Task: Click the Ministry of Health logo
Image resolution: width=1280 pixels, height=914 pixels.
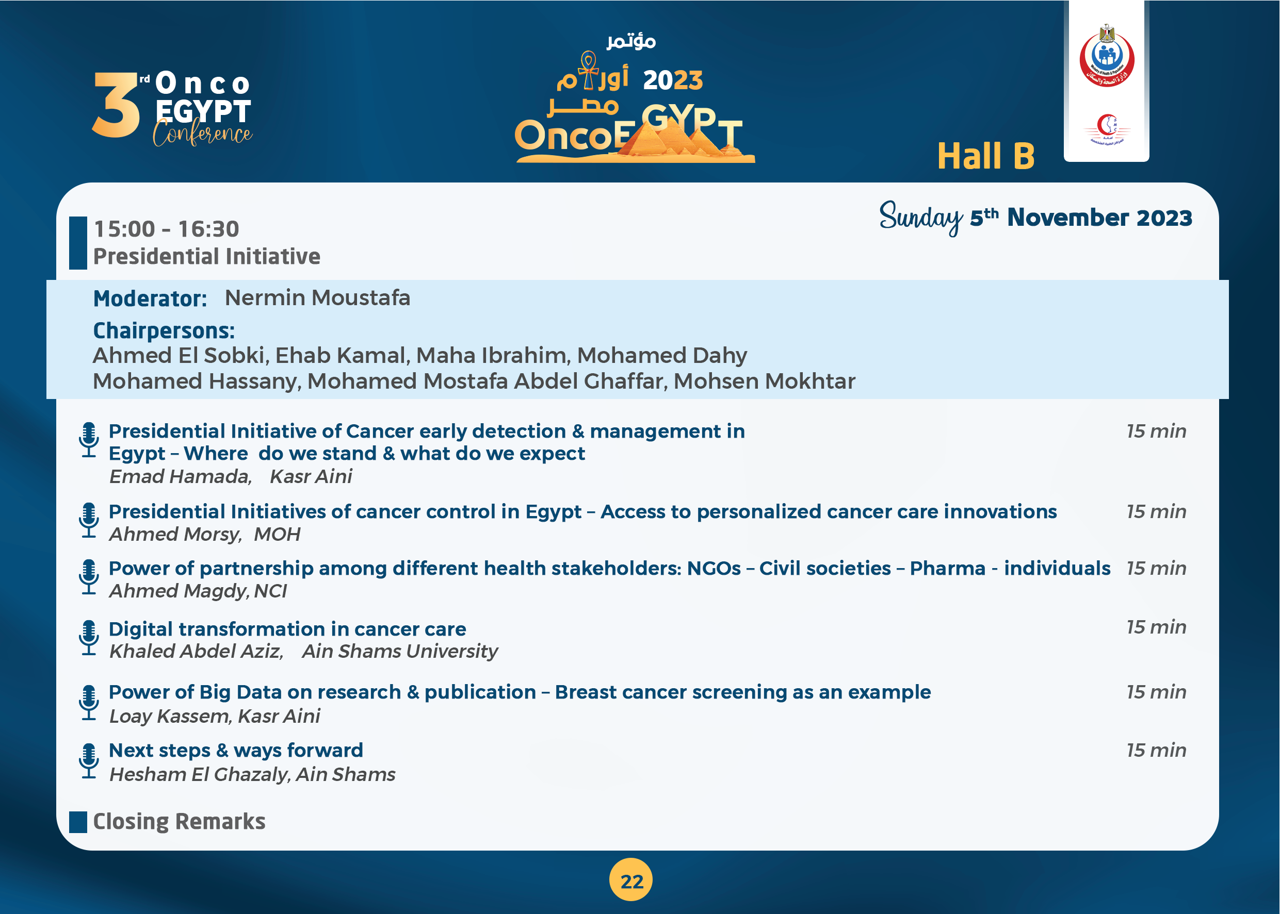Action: click(1107, 56)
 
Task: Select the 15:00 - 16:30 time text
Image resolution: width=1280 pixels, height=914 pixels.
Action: click(166, 229)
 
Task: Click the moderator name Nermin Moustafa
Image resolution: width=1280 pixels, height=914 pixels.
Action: click(318, 298)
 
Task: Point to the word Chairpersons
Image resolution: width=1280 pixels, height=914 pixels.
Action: click(164, 330)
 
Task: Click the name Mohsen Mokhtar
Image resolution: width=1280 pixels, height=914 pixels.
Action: click(765, 381)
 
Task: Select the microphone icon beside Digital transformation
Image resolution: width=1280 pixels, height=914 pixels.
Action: click(89, 638)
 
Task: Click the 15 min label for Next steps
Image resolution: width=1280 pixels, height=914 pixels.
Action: click(1156, 750)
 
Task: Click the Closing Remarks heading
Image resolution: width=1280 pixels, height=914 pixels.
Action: click(179, 822)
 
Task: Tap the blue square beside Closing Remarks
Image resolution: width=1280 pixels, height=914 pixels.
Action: click(78, 822)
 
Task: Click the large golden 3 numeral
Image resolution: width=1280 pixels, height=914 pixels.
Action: click(117, 105)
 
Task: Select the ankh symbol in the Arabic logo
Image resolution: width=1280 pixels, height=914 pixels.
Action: click(589, 70)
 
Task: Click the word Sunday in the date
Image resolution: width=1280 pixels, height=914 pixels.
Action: click(921, 218)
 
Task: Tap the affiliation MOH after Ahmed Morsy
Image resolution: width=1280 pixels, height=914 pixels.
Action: click(277, 534)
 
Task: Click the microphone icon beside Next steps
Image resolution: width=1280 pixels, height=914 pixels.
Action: click(89, 761)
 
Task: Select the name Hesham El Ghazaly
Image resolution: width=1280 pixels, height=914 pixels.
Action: click(199, 774)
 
